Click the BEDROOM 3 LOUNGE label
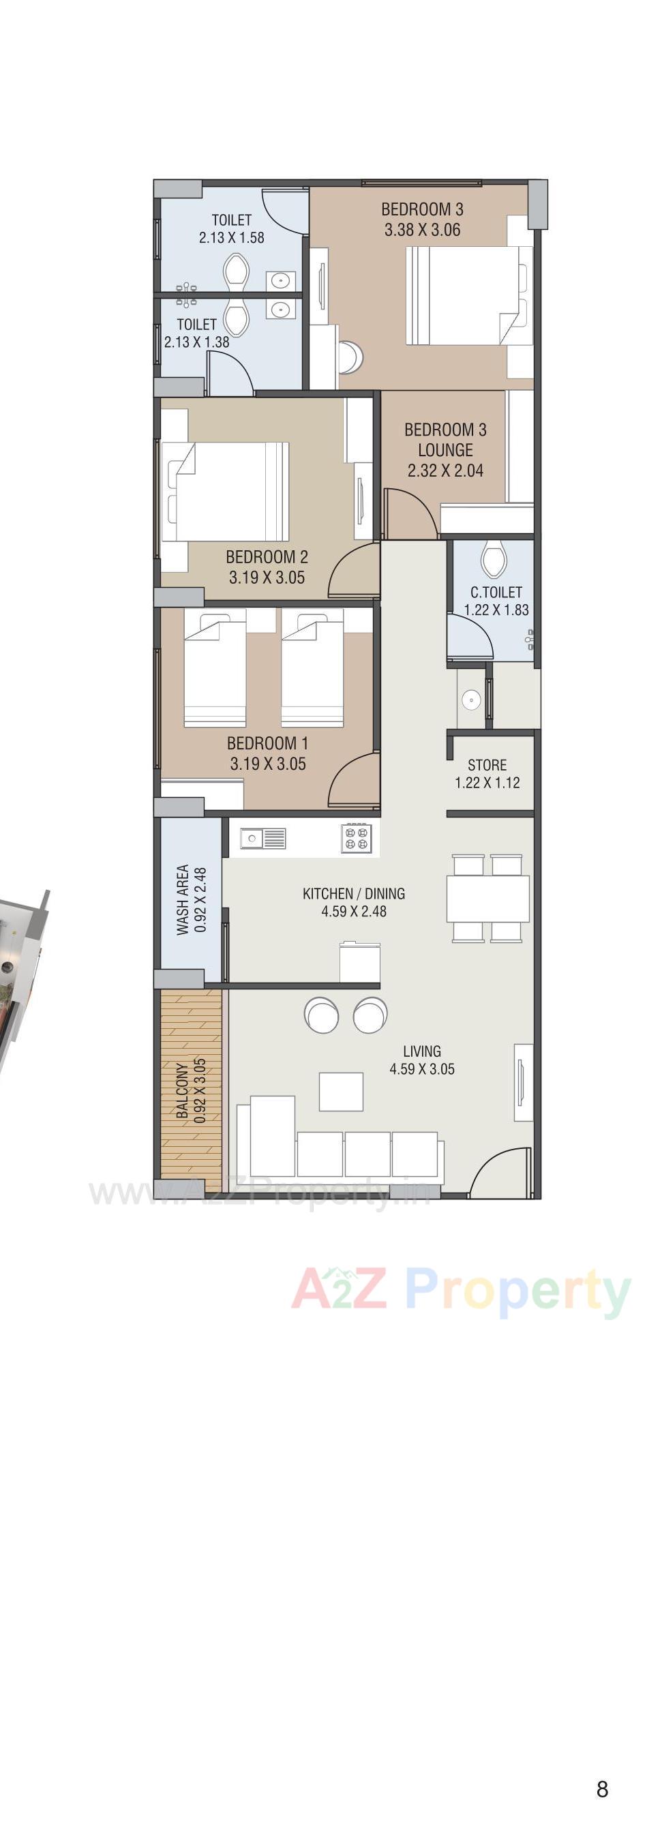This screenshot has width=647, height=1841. click(x=445, y=440)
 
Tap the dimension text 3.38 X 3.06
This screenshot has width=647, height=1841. click(x=422, y=230)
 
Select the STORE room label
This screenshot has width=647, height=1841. click(x=487, y=765)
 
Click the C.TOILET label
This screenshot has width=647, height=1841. click(x=496, y=592)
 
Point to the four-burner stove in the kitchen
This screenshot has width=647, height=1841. click(x=356, y=837)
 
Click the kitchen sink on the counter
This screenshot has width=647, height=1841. click(x=262, y=837)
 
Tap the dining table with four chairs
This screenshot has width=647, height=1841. click(x=487, y=897)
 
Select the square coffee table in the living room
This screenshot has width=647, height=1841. click(x=341, y=1092)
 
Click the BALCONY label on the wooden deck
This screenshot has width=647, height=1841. click(x=183, y=1090)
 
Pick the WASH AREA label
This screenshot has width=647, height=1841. click(x=182, y=899)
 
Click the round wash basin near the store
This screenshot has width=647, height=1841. click(x=470, y=700)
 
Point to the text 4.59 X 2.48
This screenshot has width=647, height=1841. click(x=354, y=911)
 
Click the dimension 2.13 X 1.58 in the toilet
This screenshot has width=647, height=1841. click(x=231, y=238)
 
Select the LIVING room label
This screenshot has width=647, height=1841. click(x=421, y=1051)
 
